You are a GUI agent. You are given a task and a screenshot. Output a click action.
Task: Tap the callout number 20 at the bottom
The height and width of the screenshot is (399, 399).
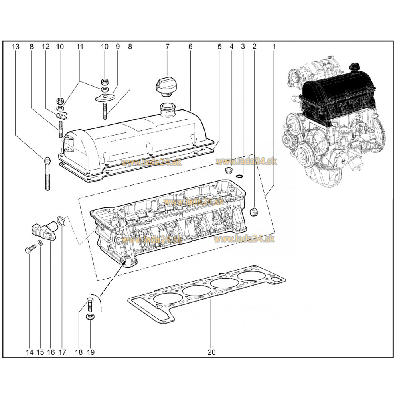(211, 352)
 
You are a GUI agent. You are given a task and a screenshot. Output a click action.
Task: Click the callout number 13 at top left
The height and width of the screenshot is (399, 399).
(16, 47)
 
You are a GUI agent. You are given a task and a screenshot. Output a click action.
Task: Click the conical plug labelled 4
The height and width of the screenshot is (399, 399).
(229, 171)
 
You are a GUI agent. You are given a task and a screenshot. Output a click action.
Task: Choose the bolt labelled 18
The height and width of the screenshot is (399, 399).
(89, 303)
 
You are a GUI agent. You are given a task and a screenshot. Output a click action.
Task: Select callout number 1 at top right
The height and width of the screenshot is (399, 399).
(274, 47)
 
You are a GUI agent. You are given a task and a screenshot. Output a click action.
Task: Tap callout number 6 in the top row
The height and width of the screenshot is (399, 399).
(190, 47)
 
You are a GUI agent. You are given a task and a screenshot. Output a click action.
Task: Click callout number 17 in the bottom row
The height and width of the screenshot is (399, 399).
(62, 352)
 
